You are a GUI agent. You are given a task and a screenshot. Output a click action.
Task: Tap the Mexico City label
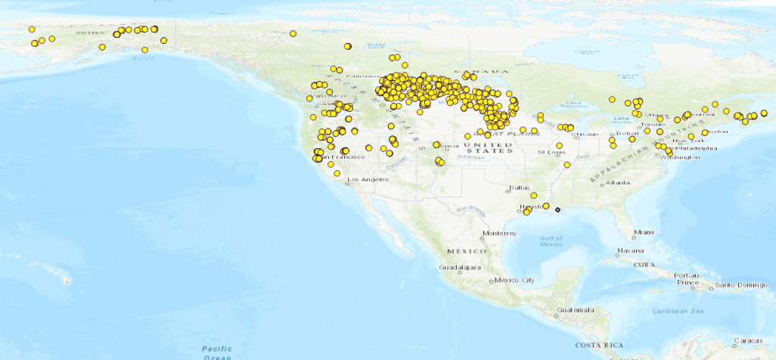(x=517, y=281)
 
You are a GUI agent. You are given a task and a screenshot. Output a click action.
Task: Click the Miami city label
(x=644, y=231)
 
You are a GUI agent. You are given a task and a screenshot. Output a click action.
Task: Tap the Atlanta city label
(x=617, y=183)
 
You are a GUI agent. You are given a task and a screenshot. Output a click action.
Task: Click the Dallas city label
(x=520, y=188)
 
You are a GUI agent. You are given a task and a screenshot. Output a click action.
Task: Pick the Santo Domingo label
(x=740, y=285)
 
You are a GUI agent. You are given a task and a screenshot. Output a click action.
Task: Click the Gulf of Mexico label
(x=551, y=241)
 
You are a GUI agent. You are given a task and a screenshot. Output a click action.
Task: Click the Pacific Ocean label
(x=217, y=352)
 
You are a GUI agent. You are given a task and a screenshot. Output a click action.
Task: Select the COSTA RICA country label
(x=599, y=345)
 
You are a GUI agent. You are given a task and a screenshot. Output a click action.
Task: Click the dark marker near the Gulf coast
(x=557, y=209)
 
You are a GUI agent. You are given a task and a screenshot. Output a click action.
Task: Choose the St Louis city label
(x=551, y=153)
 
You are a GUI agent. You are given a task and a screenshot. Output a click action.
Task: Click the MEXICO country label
(x=463, y=250)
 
